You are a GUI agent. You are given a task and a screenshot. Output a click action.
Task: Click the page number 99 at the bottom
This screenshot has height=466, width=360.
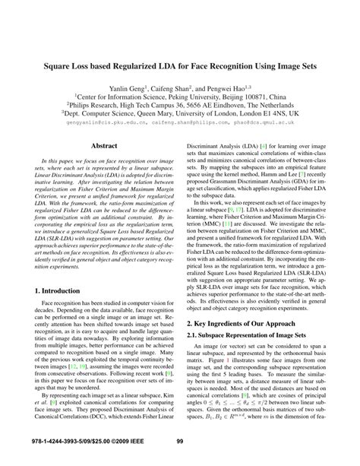180,441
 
